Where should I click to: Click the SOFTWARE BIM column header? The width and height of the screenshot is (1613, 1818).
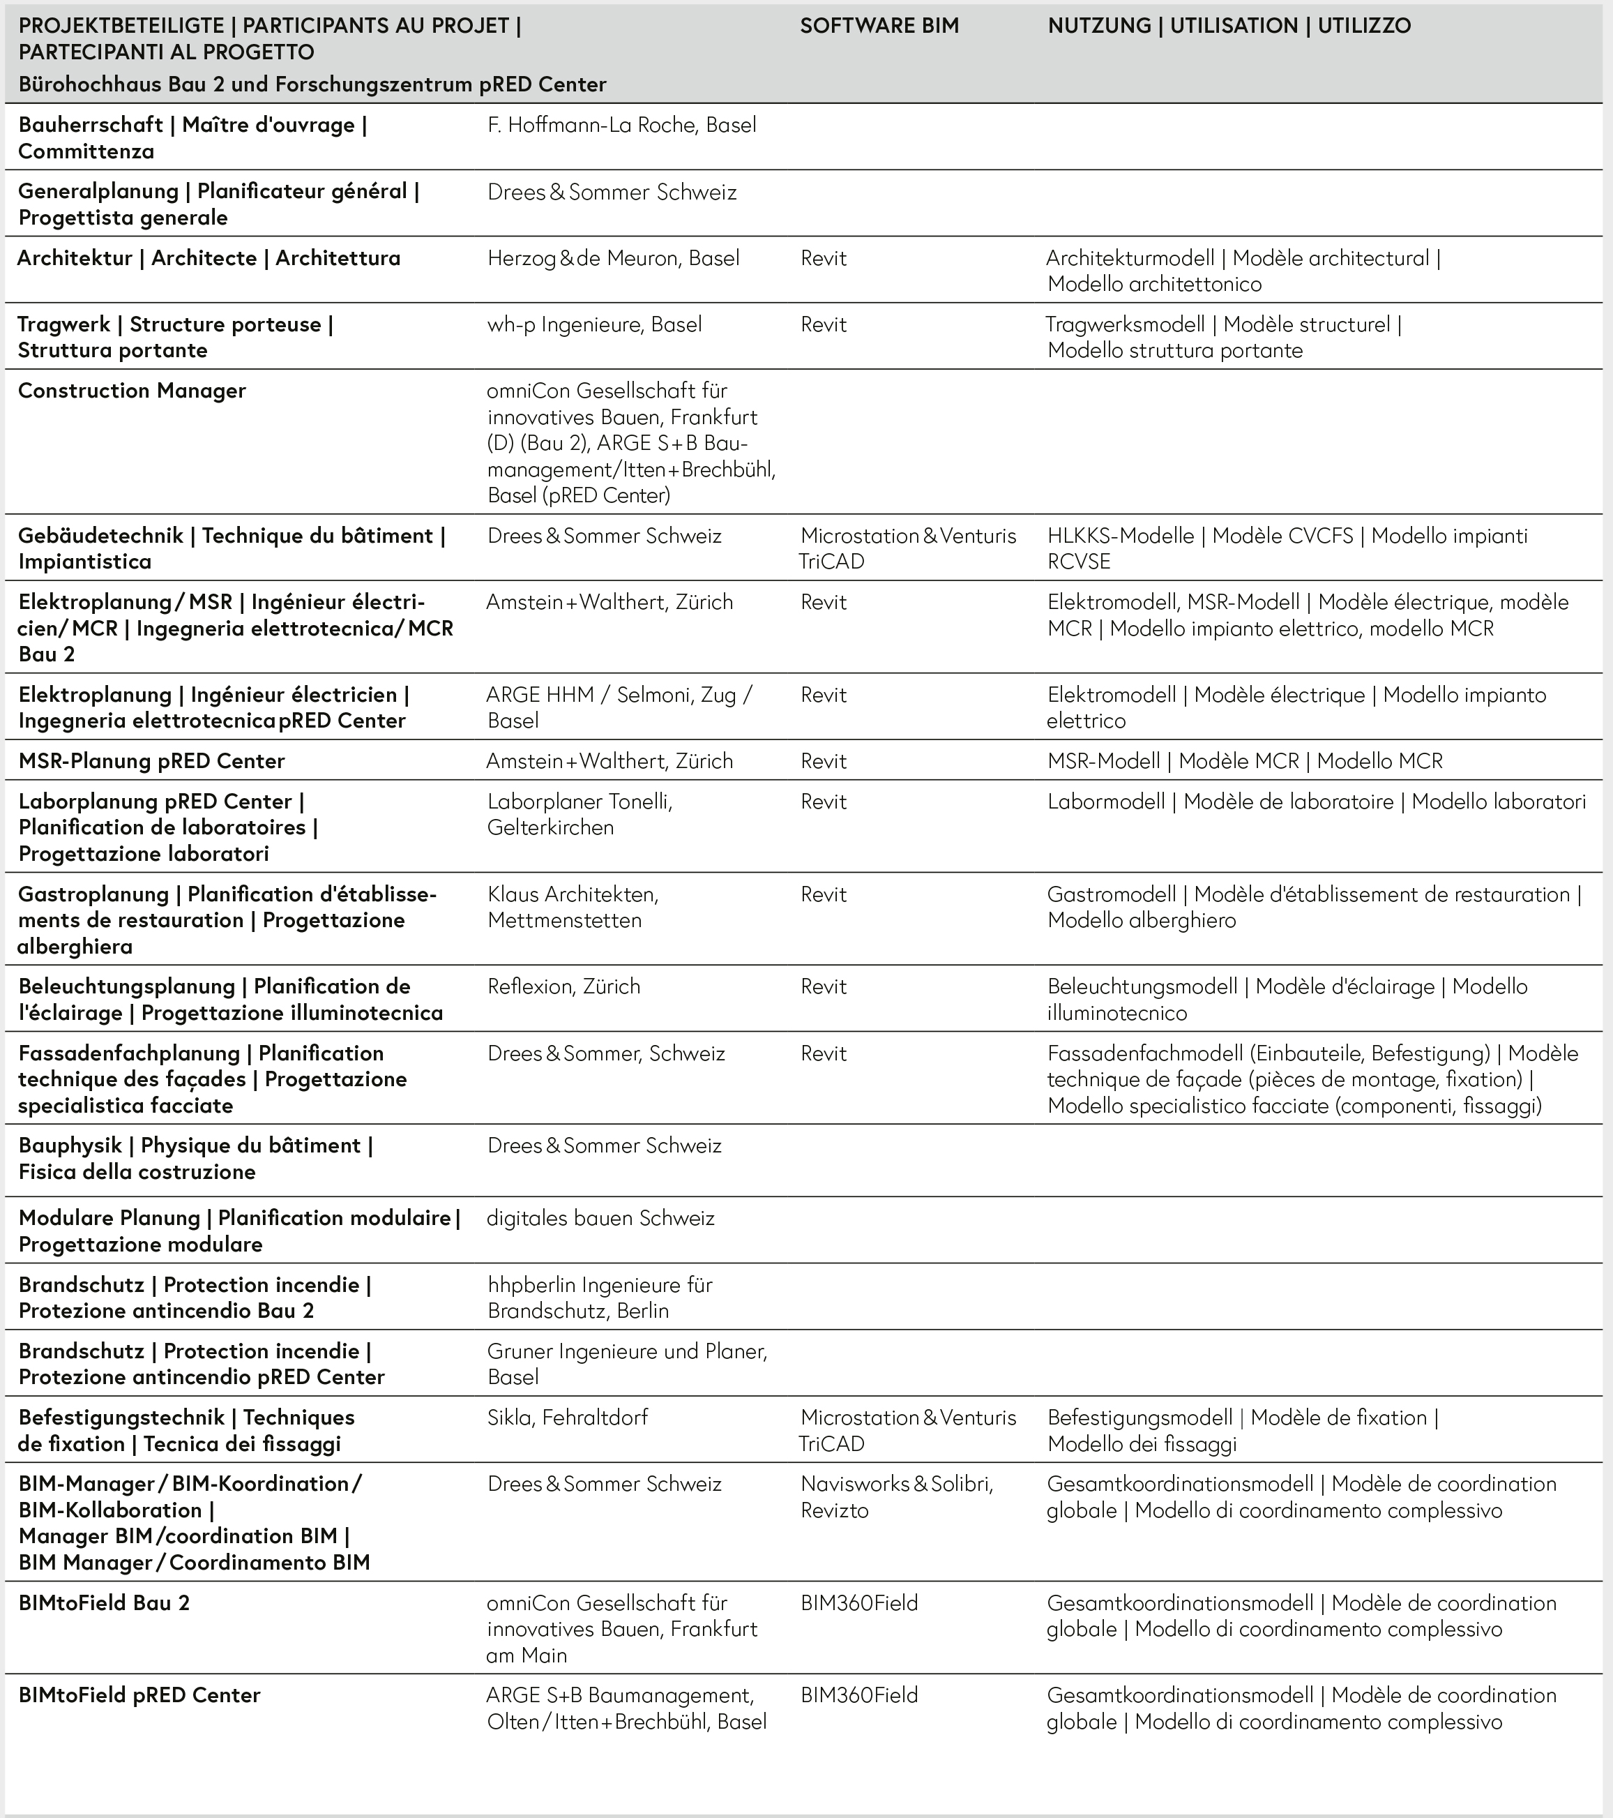coord(879,26)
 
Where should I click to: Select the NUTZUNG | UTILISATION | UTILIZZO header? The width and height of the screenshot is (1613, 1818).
coord(1229,26)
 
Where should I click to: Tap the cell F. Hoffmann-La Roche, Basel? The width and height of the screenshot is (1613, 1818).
coord(621,126)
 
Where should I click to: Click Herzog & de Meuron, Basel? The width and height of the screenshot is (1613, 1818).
coord(613,259)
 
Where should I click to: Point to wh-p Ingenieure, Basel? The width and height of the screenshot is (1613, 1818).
coord(594,324)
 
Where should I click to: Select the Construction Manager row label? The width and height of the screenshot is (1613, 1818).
coord(132,391)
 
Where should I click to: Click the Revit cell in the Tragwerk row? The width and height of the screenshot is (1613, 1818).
coord(824,324)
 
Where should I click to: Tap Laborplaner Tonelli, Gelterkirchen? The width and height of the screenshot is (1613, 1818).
coord(579,815)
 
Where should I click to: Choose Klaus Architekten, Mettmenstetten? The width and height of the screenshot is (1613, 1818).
coord(573,907)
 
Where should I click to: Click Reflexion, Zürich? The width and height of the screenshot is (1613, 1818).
coord(563,986)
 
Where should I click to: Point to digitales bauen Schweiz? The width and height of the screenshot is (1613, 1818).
coord(600,1219)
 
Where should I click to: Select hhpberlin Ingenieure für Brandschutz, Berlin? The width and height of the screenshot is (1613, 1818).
coord(599,1298)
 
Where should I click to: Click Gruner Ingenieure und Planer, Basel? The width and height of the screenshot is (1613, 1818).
coord(626,1365)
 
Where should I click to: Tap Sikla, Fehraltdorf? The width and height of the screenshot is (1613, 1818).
coord(568,1418)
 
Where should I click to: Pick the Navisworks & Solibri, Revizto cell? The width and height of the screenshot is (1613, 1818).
coord(896,1497)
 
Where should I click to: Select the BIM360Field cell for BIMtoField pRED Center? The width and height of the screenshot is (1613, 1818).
coord(859,1696)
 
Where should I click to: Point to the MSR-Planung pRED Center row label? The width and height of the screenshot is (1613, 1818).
coord(151,761)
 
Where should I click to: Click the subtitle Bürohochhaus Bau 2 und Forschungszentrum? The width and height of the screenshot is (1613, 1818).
coord(312,84)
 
